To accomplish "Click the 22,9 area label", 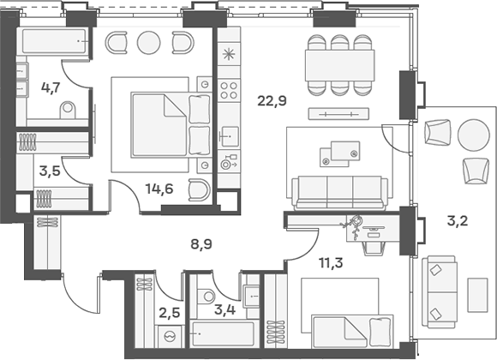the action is (x=272, y=101).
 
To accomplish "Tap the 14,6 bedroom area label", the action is (x=159, y=189).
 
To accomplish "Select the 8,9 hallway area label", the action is (x=201, y=244).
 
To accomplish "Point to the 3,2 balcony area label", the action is (x=458, y=220).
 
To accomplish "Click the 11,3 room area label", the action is (x=331, y=263).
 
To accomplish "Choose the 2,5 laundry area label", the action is (x=170, y=313).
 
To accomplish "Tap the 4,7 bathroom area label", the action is (x=51, y=87).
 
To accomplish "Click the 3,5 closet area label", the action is (x=50, y=171).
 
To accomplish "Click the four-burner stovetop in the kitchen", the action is (x=229, y=90).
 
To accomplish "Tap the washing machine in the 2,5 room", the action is (x=170, y=336).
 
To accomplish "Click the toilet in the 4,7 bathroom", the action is (x=68, y=110).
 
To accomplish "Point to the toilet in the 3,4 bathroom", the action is (x=207, y=297).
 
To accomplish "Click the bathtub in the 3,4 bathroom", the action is (x=222, y=334).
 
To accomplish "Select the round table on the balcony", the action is (x=474, y=135).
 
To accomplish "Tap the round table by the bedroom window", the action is (x=148, y=43).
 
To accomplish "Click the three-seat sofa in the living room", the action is (x=340, y=193).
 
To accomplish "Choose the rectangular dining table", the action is (x=340, y=65).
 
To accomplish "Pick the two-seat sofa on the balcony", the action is (x=440, y=292).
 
